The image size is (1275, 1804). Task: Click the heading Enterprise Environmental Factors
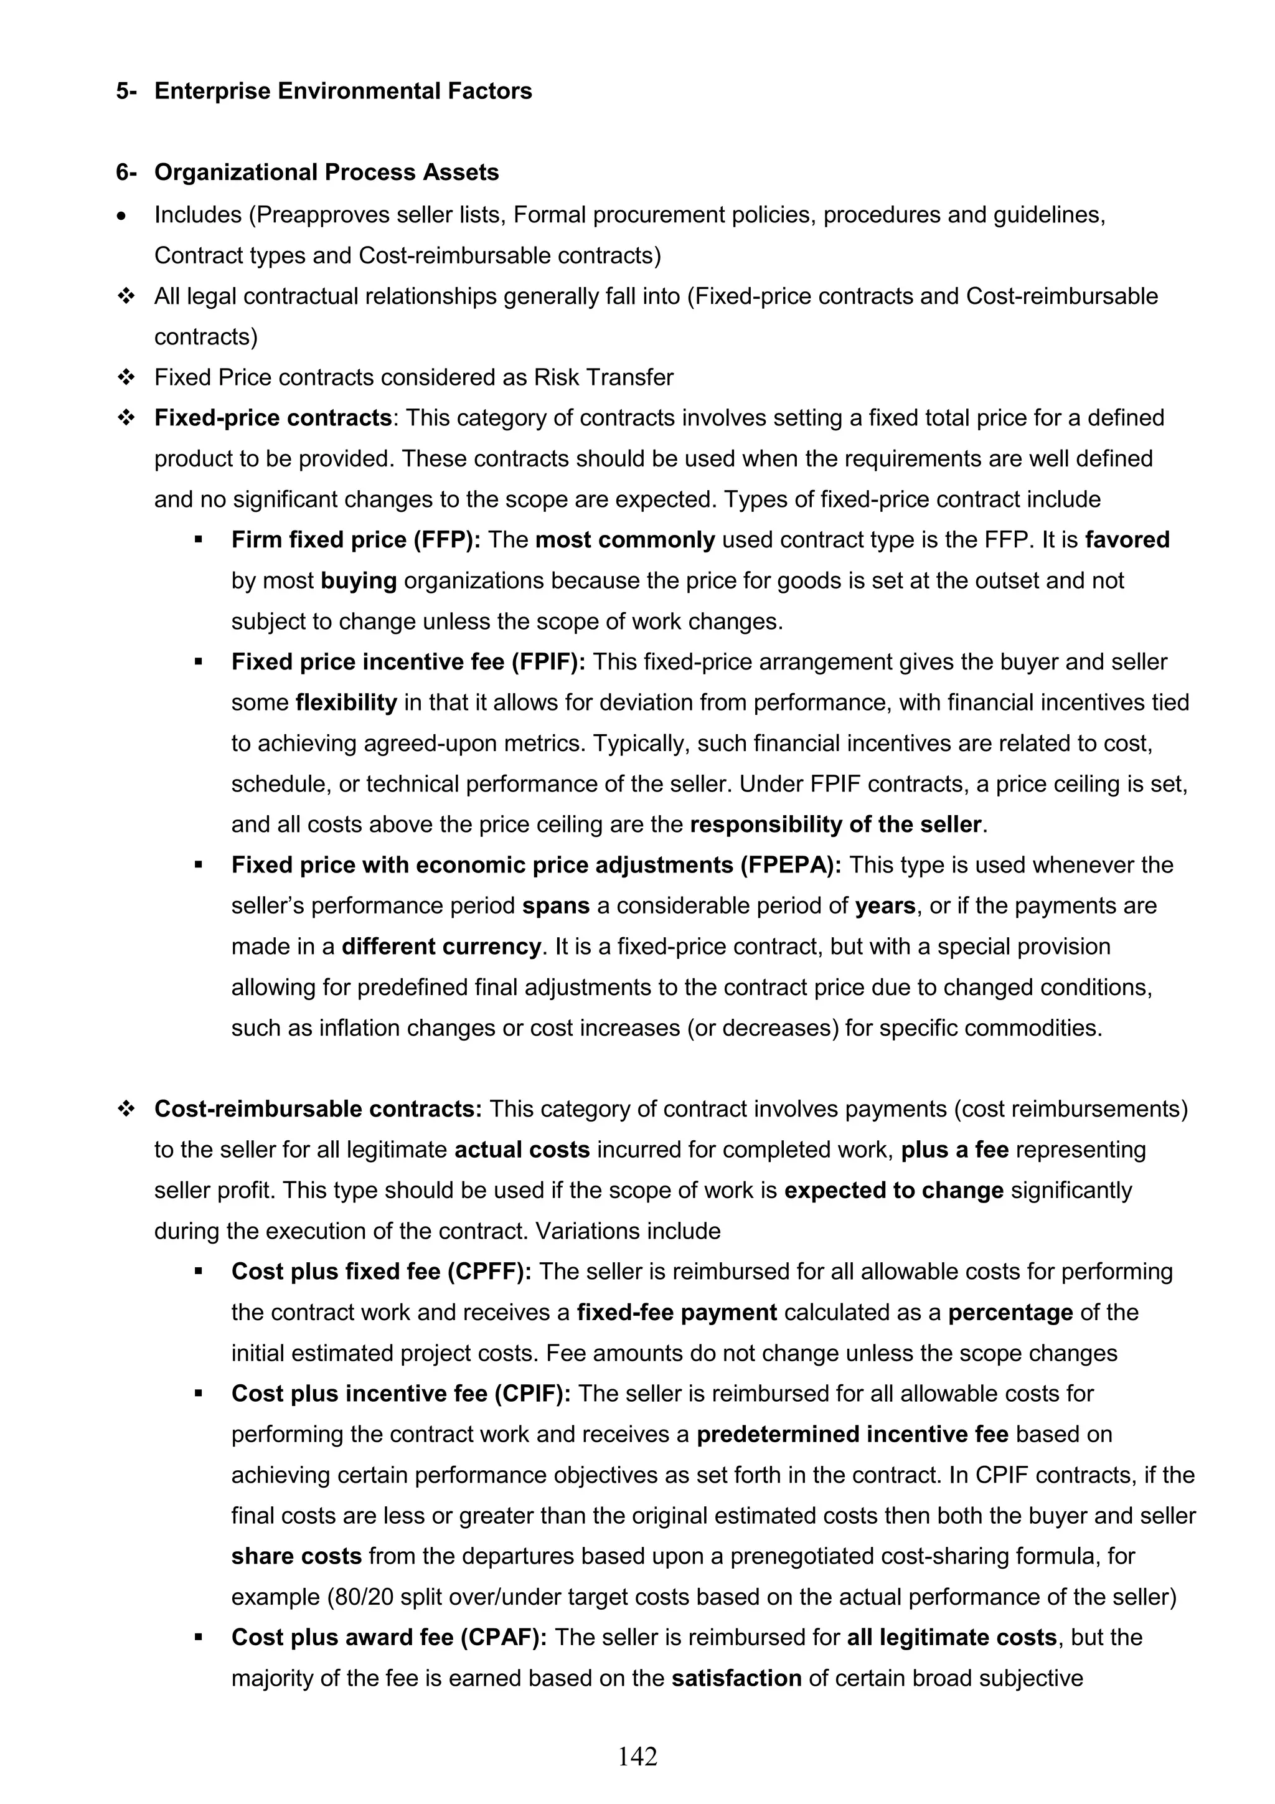point(342,91)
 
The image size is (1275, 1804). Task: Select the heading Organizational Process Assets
point(326,173)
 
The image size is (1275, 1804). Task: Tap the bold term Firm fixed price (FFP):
point(367,541)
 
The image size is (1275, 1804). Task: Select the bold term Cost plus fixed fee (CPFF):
point(381,1272)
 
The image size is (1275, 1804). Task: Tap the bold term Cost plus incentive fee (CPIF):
point(401,1394)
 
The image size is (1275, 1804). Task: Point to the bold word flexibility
point(346,703)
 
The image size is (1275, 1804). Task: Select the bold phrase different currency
point(441,947)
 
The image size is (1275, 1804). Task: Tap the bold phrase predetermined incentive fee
point(852,1435)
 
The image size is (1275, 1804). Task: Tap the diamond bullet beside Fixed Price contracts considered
point(125,378)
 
